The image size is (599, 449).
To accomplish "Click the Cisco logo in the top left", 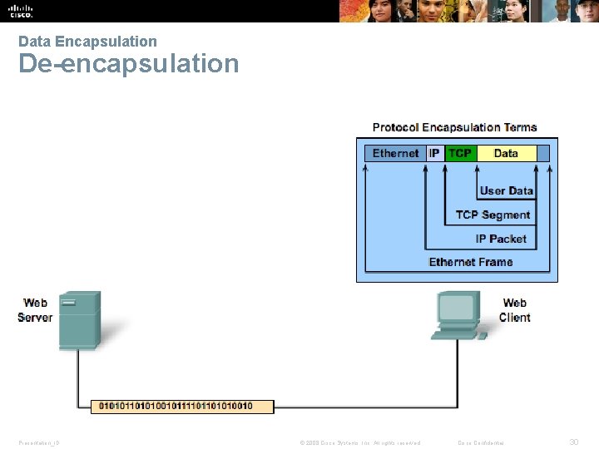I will pyautogui.click(x=20, y=11).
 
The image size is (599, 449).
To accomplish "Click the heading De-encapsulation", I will pyautogui.click(x=128, y=64).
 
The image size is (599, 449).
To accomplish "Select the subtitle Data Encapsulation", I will pyautogui.click(x=87, y=41).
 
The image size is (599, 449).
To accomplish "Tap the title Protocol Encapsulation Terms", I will pyautogui.click(x=454, y=127).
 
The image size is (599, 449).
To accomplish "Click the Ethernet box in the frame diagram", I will pyautogui.click(x=395, y=153).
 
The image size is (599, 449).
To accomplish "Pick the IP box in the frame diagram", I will pyautogui.click(x=434, y=153).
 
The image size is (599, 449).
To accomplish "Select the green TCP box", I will pyautogui.click(x=460, y=153).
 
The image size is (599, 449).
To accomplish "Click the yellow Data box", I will pyautogui.click(x=506, y=153).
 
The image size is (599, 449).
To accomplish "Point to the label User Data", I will pyautogui.click(x=506, y=190).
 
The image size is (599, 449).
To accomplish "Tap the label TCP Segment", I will pyautogui.click(x=493, y=215).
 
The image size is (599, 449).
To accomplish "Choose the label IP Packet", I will pyautogui.click(x=501, y=239).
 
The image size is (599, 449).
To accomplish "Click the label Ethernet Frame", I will pyautogui.click(x=471, y=262).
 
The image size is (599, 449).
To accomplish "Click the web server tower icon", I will pyautogui.click(x=80, y=319).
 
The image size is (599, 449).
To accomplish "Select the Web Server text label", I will pyautogui.click(x=35, y=310).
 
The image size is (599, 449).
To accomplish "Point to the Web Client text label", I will pyautogui.click(x=515, y=310).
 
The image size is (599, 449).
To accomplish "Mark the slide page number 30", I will pyautogui.click(x=573, y=442).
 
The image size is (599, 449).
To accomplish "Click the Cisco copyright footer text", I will pyautogui.click(x=360, y=443).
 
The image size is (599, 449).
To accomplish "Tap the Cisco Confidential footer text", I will pyautogui.click(x=482, y=443).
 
